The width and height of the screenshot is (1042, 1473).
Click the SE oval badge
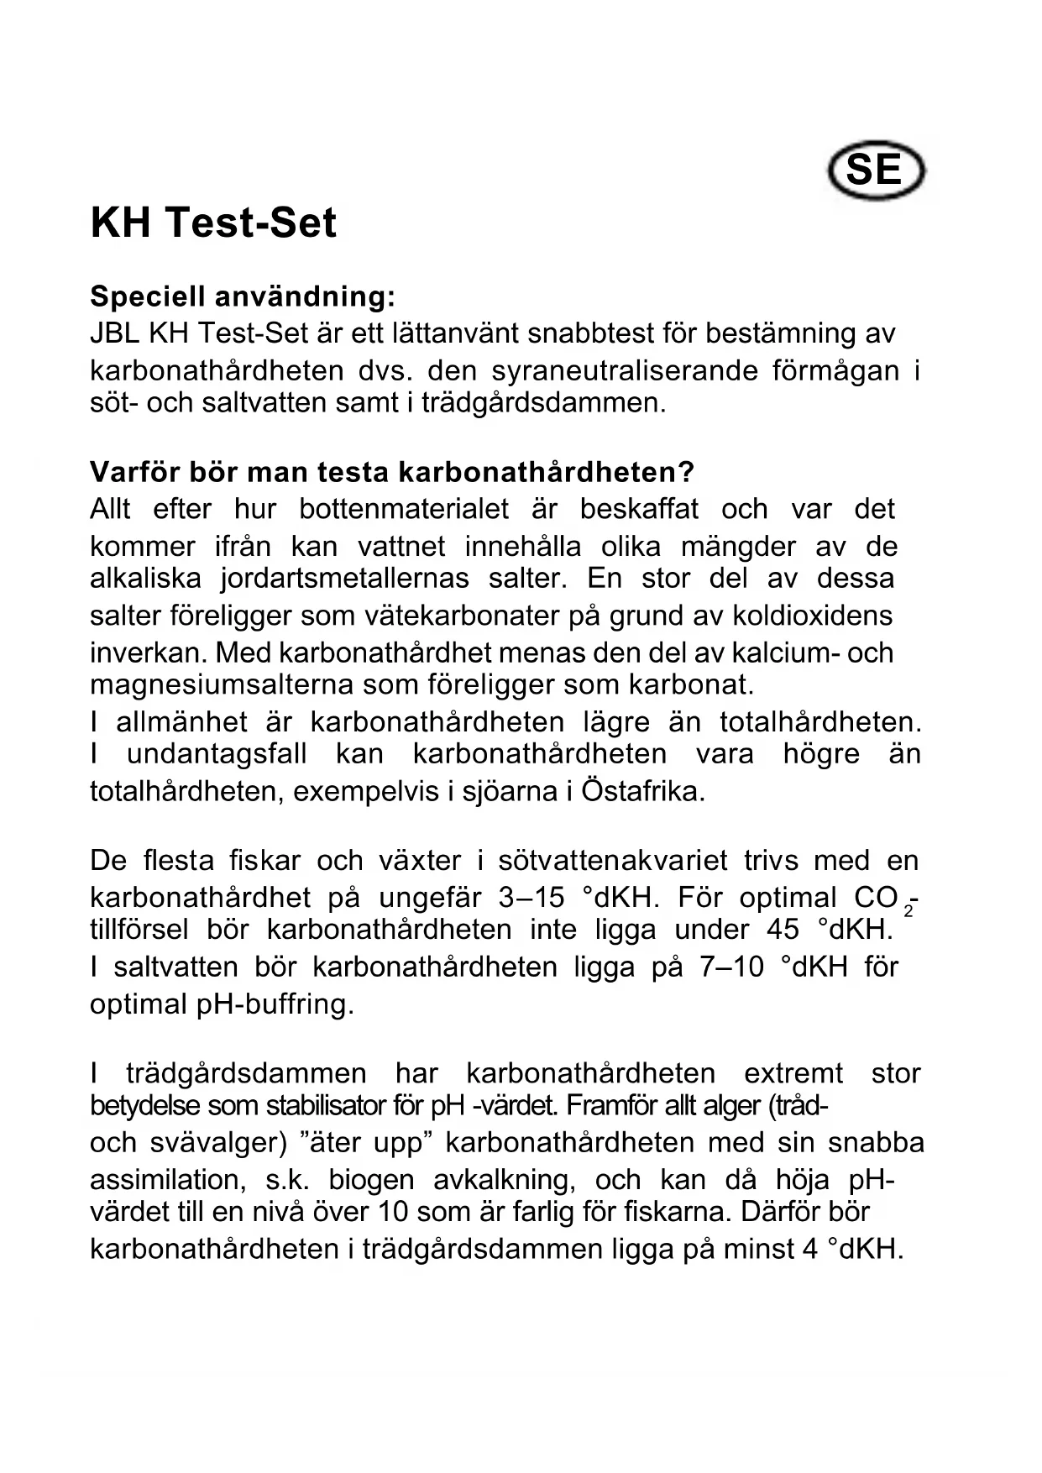[876, 170]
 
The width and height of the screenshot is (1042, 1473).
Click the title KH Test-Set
[213, 223]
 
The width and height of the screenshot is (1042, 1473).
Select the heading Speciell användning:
[242, 296]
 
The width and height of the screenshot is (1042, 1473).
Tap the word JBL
[115, 333]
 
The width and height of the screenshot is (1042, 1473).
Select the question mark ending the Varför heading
[687, 472]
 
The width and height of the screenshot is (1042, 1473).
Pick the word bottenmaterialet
[404, 509]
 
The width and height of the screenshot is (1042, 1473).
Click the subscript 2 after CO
[908, 910]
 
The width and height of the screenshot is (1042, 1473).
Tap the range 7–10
[731, 967]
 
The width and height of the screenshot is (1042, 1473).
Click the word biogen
[371, 1180]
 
